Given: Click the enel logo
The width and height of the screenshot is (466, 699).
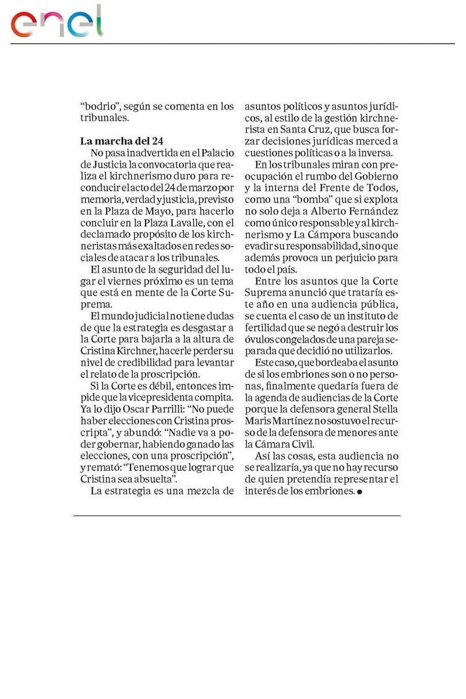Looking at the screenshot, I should click(x=57, y=22).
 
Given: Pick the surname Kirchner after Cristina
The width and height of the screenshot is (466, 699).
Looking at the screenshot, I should click(x=135, y=351).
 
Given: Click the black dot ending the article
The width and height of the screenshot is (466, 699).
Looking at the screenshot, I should click(x=359, y=492).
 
